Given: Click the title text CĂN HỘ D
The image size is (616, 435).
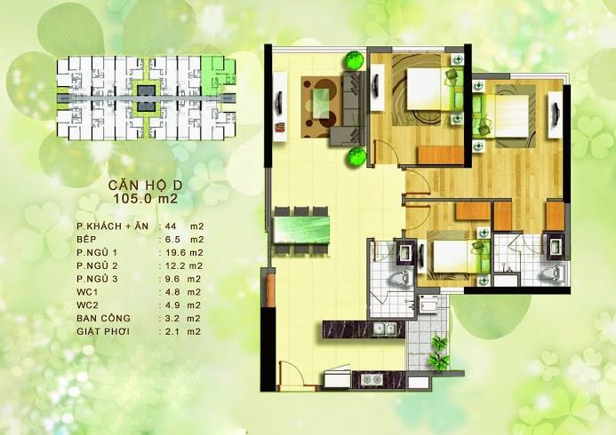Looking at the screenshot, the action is click(146, 185).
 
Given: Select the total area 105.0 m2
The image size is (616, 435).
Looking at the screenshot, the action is click(146, 199).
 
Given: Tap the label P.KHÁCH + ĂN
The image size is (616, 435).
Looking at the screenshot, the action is click(113, 225).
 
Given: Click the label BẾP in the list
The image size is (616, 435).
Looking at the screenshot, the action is click(86, 240).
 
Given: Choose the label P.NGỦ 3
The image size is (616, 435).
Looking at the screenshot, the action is click(97, 279).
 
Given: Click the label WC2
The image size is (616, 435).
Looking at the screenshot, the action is click(87, 305).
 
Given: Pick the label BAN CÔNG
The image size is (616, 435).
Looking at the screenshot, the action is click(103, 318).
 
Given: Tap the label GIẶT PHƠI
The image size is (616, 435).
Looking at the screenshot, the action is click(103, 331).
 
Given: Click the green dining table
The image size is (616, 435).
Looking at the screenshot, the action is click(301, 230).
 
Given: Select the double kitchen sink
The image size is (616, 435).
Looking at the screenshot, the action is click(384, 328).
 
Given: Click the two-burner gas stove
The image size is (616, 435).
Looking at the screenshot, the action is click(372, 379).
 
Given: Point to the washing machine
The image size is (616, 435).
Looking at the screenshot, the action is click(429, 304).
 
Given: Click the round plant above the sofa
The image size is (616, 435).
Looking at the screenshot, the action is click(354, 60).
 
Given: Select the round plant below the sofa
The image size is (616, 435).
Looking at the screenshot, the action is click(356, 157).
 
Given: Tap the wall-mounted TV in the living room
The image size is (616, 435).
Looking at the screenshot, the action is click(280, 103).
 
